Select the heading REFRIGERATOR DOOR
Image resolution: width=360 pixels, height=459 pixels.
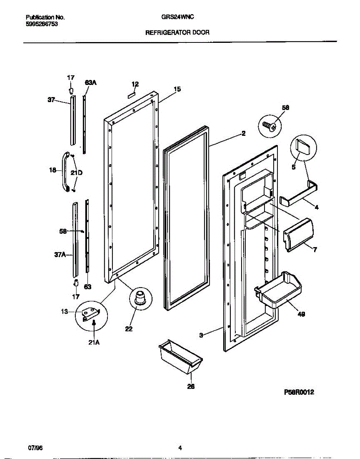pyautogui.click(x=177, y=33)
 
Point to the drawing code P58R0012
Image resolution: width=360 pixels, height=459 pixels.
pyautogui.click(x=299, y=392)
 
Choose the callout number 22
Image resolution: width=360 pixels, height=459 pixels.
pyautogui.click(x=129, y=329)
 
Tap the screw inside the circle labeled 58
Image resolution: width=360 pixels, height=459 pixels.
pyautogui.click(x=270, y=126)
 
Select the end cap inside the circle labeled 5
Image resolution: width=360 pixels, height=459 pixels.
pyautogui.click(x=304, y=147)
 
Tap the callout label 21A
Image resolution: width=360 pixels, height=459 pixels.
pyautogui.click(x=94, y=343)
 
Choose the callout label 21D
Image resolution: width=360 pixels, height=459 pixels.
pyautogui.click(x=77, y=173)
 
